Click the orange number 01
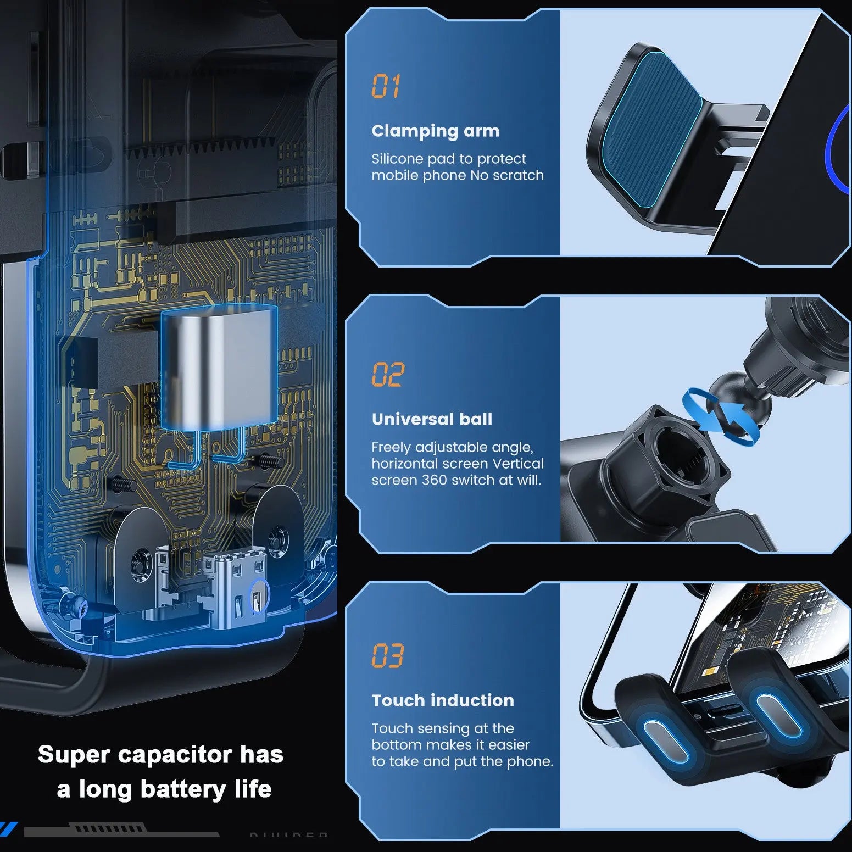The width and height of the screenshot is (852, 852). [x=386, y=86]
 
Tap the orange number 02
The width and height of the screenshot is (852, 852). [x=388, y=375]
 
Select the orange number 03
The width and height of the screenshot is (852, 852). [x=388, y=655]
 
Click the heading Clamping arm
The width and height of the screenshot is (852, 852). [x=436, y=131]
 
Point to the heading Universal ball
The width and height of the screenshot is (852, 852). [x=432, y=419]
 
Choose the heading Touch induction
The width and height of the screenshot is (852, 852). [x=443, y=700]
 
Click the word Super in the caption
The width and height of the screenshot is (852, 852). [x=74, y=755]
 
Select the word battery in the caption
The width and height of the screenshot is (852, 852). [x=183, y=789]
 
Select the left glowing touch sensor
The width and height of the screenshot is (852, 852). [x=666, y=740]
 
